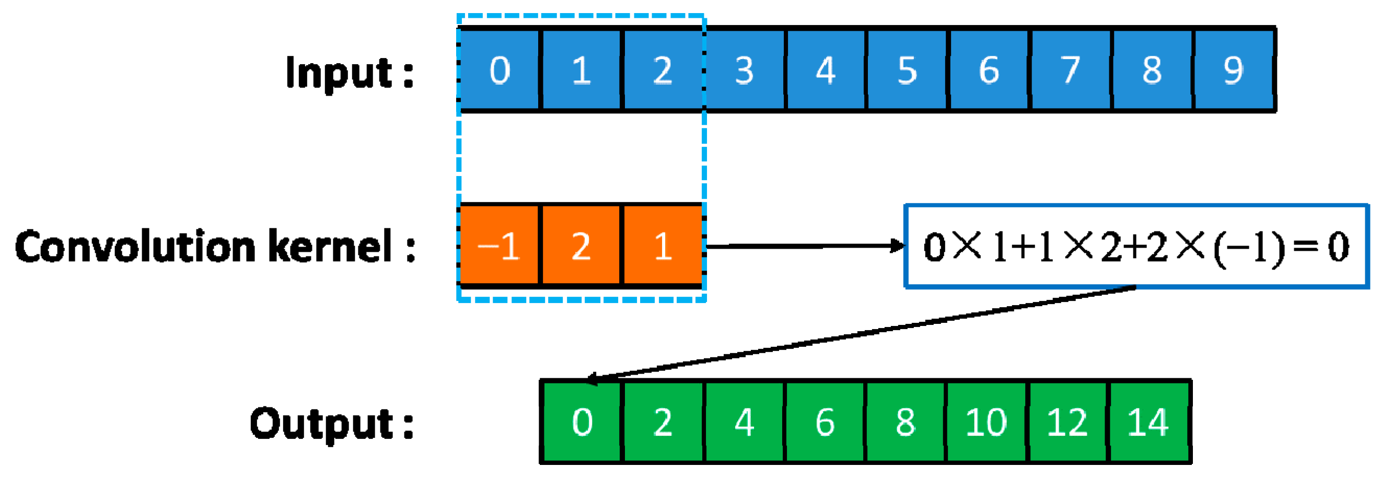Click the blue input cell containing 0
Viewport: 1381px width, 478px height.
[500, 69]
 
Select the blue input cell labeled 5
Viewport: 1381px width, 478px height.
[907, 69]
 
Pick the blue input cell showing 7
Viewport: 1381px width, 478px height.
[1070, 69]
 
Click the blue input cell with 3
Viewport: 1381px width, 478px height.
[744, 69]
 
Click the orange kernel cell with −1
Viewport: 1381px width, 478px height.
[500, 246]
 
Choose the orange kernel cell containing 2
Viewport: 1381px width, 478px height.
[581, 246]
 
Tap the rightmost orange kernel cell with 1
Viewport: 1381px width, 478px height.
[663, 246]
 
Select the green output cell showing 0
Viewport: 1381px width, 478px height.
[582, 421]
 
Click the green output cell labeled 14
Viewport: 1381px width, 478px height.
[1148, 421]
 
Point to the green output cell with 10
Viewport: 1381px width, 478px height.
[986, 421]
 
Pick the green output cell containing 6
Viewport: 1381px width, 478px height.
[825, 421]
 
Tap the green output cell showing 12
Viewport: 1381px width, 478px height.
[1067, 421]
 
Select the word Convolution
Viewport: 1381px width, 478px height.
[135, 247]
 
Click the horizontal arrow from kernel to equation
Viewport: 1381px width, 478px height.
[804, 246]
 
